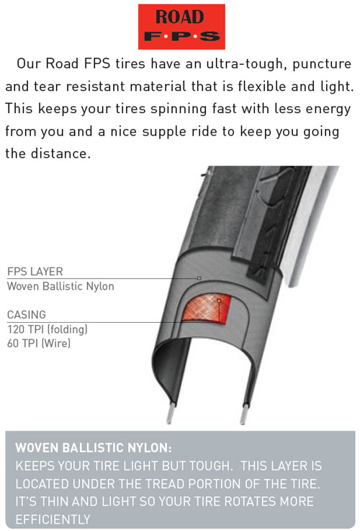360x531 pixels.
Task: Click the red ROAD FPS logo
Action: tap(181, 27)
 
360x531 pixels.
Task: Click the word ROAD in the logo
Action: tap(180, 17)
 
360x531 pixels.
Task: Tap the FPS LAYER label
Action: tap(35, 272)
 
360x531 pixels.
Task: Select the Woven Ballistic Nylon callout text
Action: tap(60, 286)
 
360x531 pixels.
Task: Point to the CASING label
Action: tap(27, 315)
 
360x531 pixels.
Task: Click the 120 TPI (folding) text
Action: tap(48, 329)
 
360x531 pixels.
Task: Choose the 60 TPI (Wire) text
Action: tap(39, 344)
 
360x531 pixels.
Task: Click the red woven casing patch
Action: tap(206, 308)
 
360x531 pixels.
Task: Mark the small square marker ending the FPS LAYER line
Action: tap(199, 278)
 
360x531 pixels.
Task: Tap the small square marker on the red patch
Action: tap(219, 300)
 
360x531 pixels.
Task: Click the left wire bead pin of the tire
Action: tap(171, 413)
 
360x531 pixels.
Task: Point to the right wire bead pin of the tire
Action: tap(244, 414)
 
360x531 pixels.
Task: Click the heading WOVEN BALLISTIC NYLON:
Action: tap(94, 448)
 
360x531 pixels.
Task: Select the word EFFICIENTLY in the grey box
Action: tap(53, 519)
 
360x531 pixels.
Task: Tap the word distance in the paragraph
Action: tap(61, 153)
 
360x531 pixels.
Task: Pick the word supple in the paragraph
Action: tap(164, 131)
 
